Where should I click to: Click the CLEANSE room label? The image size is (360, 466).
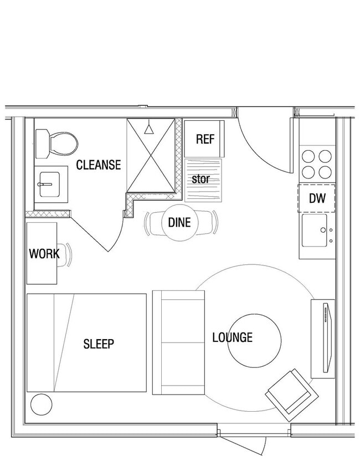(x=98, y=165)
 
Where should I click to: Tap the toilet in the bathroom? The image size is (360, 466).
(x=57, y=144)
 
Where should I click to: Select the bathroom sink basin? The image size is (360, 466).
(x=50, y=181)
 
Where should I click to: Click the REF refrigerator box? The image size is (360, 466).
(x=204, y=139)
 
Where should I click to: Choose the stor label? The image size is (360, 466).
(x=200, y=180)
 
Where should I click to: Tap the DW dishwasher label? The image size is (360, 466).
(x=317, y=198)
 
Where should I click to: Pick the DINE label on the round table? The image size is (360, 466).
(x=179, y=223)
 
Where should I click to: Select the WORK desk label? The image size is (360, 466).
(x=44, y=254)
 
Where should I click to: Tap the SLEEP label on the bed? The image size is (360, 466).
(x=99, y=344)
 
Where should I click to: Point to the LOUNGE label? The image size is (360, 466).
(x=233, y=337)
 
